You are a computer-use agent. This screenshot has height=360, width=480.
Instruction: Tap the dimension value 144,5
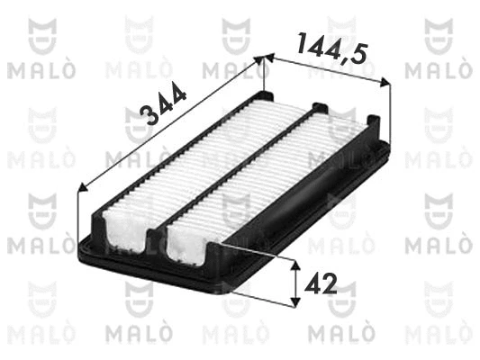click(x=331, y=48)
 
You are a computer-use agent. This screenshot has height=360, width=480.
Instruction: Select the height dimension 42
click(x=321, y=283)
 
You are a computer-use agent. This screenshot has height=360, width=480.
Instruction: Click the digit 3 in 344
click(x=147, y=115)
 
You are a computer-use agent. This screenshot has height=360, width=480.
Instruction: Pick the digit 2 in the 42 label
click(x=329, y=283)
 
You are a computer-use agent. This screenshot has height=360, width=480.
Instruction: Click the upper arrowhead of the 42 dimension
click(x=294, y=265)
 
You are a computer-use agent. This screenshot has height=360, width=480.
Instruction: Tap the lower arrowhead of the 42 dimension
click(x=294, y=301)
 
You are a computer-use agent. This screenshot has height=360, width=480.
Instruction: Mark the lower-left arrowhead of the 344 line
click(x=83, y=187)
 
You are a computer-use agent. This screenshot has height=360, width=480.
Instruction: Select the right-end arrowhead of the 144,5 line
click(x=385, y=82)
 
